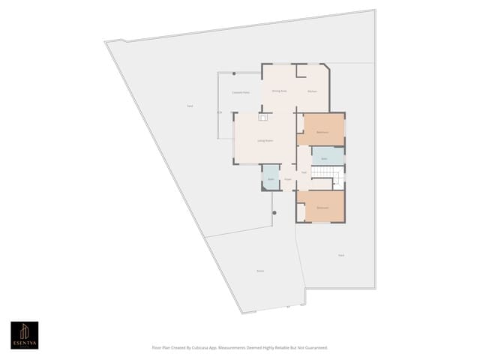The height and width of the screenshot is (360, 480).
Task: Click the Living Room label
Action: click(x=265, y=140)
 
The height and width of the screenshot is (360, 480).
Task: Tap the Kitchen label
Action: click(x=312, y=91)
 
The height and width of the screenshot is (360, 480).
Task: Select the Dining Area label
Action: click(x=279, y=91)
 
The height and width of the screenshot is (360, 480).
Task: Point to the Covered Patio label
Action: click(x=240, y=92)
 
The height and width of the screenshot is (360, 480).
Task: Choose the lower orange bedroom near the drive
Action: click(x=323, y=206)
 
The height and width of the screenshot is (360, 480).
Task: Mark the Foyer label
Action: click(x=287, y=179)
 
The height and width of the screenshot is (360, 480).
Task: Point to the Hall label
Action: click(x=304, y=172)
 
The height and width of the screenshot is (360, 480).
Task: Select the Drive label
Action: click(x=260, y=271)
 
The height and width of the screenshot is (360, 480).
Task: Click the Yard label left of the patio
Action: click(x=190, y=106)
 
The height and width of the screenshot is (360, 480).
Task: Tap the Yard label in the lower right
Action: click(x=340, y=255)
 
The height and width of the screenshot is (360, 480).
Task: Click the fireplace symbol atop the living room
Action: click(x=263, y=117)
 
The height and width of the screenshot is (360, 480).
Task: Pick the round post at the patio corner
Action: click(x=234, y=73)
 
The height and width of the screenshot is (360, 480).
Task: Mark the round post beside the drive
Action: click(x=274, y=214)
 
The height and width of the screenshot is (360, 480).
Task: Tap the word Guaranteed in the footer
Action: click(x=311, y=348)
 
